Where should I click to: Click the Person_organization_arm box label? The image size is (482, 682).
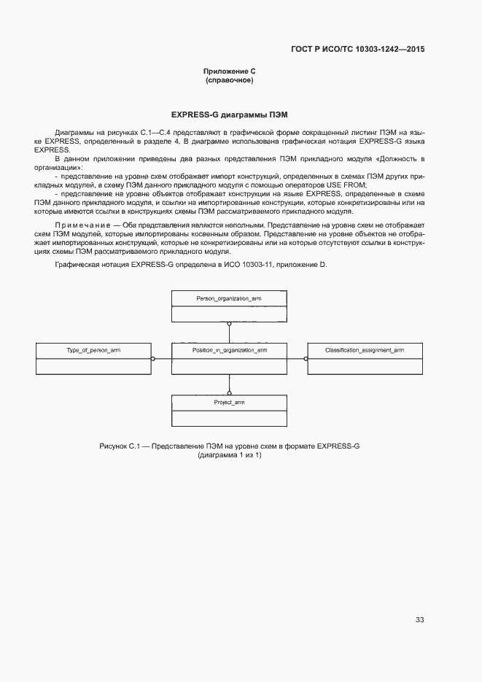click(x=229, y=299)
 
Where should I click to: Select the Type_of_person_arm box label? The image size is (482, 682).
click(x=93, y=351)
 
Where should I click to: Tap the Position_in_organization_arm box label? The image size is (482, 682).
click(x=229, y=351)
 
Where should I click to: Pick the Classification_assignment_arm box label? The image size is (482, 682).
click(x=365, y=351)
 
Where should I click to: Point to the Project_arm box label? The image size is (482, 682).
click(x=229, y=403)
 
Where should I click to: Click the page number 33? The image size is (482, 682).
click(x=419, y=620)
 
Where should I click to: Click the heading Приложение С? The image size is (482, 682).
click(x=229, y=71)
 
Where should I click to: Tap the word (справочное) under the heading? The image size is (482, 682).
click(x=229, y=80)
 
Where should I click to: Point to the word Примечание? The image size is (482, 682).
click(x=78, y=225)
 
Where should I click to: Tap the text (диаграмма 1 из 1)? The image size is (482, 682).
click(x=229, y=455)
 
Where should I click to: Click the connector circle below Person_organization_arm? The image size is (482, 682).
click(x=229, y=323)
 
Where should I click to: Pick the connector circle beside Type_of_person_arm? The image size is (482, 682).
click(x=152, y=358)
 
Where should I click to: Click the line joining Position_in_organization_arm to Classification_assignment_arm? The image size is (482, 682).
click(x=297, y=358)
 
